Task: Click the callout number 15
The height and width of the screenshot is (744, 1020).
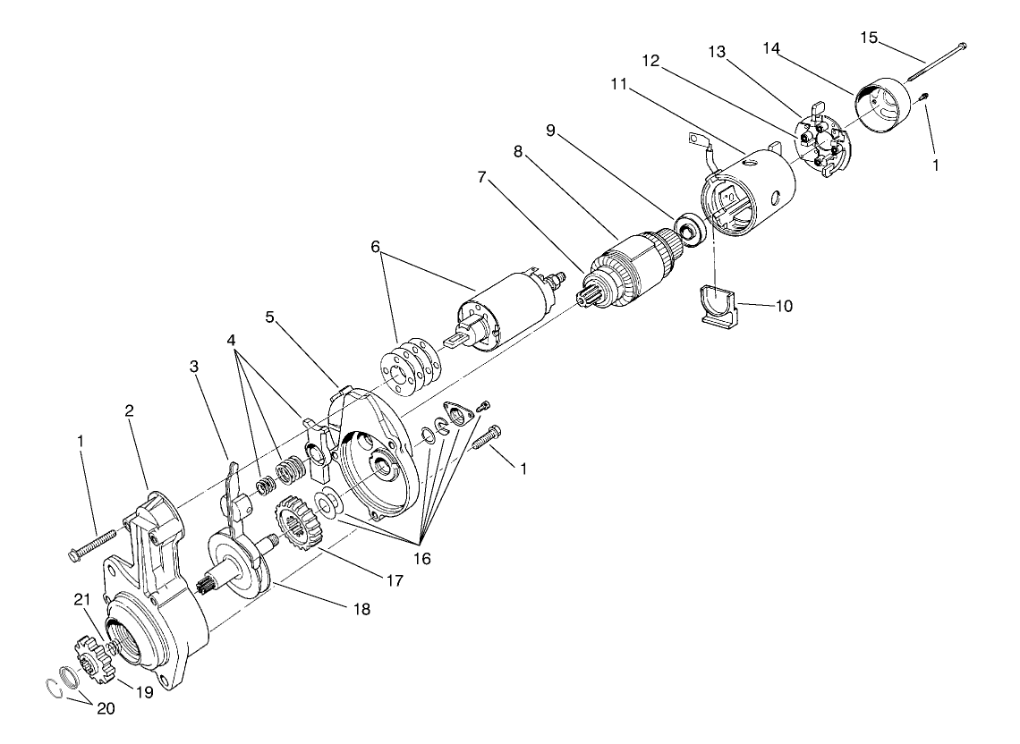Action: pyautogui.click(x=869, y=38)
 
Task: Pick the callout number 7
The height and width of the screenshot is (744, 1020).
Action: pyautogui.click(x=482, y=177)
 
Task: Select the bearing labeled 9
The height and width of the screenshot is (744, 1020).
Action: pyautogui.click(x=690, y=229)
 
